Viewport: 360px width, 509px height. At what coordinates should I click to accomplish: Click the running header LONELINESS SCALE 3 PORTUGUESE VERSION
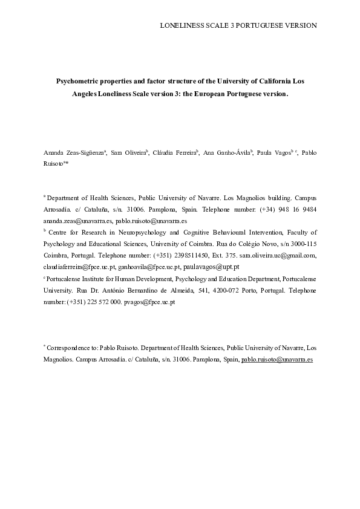238,25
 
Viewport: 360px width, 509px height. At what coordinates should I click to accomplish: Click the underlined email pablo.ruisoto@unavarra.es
277,360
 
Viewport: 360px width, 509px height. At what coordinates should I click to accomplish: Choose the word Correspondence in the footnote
70,349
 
